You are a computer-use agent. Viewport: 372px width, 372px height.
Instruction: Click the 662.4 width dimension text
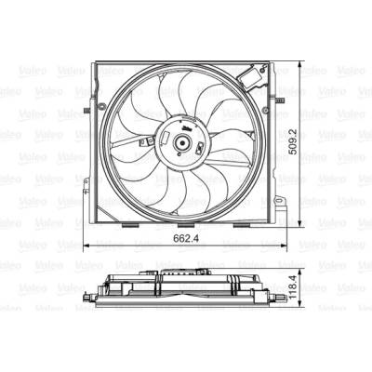pyautogui.click(x=186, y=238)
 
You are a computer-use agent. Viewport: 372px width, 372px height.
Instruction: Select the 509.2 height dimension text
pyautogui.click(x=293, y=141)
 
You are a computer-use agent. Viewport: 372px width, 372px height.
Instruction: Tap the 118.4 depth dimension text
pyautogui.click(x=293, y=287)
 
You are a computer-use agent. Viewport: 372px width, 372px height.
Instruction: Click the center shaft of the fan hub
pyautogui.click(x=181, y=143)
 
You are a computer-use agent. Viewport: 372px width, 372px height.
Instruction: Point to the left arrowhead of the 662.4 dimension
pyautogui.click(x=87, y=246)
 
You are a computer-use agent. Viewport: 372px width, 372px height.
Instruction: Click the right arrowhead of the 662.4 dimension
pyautogui.click(x=283, y=246)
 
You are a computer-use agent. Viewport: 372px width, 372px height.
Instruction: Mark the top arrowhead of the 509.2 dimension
pyautogui.click(x=299, y=65)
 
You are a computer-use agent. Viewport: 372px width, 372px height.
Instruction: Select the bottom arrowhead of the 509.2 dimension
pyautogui.click(x=299, y=224)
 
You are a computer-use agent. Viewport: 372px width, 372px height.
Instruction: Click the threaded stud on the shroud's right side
pyautogui.click(x=280, y=100)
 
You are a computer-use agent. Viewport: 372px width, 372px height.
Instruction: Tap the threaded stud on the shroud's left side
pyautogui.click(x=87, y=111)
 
